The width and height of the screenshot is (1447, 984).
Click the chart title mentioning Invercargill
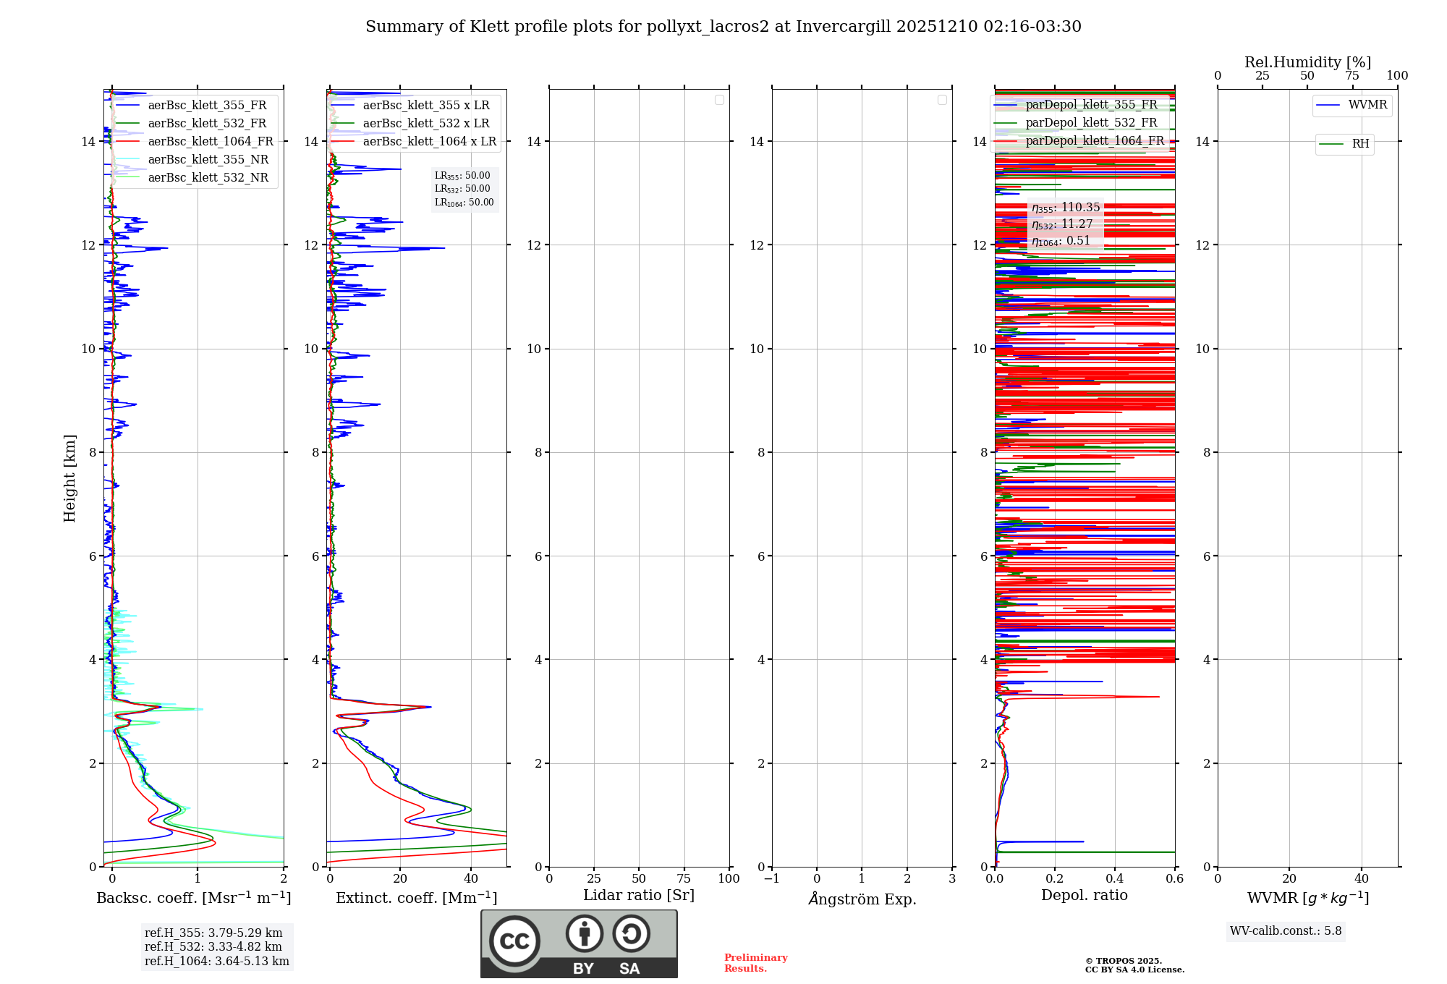[723, 27]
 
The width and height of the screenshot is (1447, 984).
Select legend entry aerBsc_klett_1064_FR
[210, 142]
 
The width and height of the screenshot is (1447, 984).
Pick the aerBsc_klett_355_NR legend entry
[208, 160]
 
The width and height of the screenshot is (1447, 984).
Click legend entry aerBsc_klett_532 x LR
[425, 124]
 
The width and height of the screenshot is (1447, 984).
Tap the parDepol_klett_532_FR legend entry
[1091, 123]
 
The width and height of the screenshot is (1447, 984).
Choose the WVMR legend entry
[1367, 105]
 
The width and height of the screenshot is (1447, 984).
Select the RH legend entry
[1360, 144]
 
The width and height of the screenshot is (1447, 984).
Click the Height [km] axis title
[69, 478]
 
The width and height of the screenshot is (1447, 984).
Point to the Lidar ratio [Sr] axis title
[639, 896]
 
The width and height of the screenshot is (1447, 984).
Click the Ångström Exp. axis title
[862, 899]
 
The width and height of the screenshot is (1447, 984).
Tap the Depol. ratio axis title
[1084, 896]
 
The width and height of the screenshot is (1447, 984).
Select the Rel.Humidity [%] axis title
[1307, 62]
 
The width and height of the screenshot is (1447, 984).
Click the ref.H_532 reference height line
[213, 947]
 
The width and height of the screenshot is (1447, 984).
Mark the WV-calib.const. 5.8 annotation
[1286, 931]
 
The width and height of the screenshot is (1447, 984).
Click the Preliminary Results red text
[755, 963]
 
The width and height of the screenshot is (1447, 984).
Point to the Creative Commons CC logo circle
[514, 941]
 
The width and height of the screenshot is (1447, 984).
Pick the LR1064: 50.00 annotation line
[464, 203]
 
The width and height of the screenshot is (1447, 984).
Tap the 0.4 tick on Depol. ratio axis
[1115, 879]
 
